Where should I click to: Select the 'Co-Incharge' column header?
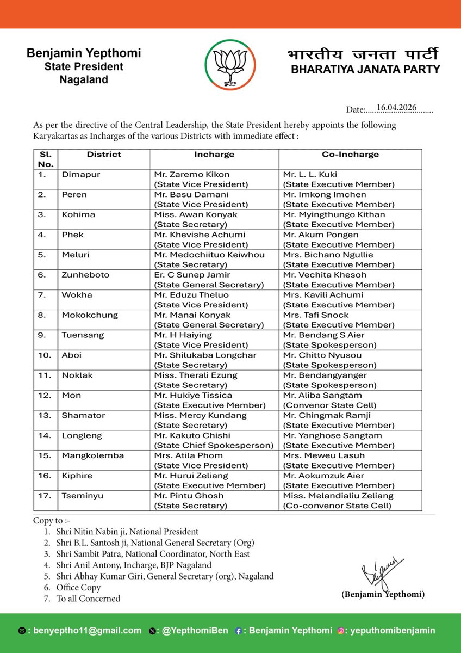[x=350, y=155]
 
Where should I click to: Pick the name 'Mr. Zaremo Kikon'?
[x=191, y=174]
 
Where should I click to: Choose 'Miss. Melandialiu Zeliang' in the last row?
[x=338, y=496]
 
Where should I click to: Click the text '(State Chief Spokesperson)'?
[x=214, y=445]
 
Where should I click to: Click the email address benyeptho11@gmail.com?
[x=87, y=631]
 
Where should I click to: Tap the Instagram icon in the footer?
[x=341, y=631]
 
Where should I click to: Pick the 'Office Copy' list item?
[x=78, y=587]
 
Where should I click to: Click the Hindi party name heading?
[x=363, y=55]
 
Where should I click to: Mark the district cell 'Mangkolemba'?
[x=92, y=455]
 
